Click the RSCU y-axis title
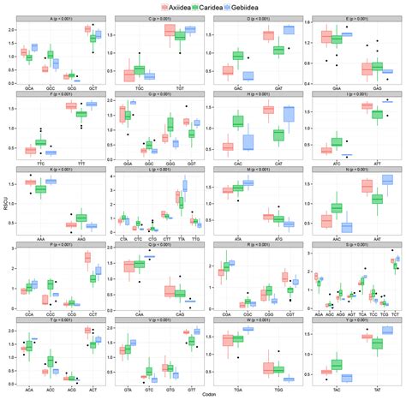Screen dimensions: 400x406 point(5,203)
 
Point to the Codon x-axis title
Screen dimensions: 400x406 point(211,394)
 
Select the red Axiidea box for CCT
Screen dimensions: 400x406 point(87,257)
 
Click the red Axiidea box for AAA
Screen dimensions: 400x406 point(32,182)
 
